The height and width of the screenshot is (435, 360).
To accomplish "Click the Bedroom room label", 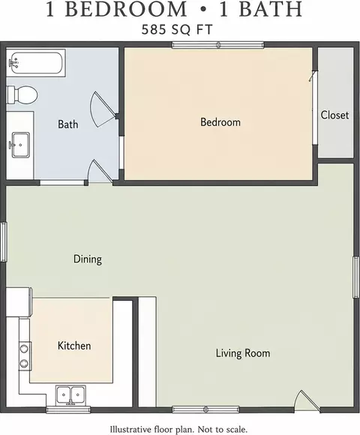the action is [220, 122].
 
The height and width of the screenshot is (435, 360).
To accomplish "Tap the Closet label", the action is [334, 115].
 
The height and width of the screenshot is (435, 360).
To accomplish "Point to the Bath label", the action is [68, 124].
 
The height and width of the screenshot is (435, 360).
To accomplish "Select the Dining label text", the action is [88, 259].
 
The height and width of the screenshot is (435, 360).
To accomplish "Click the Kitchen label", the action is [74, 346].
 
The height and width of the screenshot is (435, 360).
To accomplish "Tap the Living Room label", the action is [243, 353].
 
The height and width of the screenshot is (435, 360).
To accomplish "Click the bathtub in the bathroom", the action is [36, 63].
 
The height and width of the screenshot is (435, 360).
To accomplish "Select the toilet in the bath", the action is [22, 95].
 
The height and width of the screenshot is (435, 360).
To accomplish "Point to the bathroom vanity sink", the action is [20, 145].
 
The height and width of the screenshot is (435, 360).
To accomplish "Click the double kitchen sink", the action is [70, 395].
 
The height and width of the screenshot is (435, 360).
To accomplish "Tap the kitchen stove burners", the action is [25, 355].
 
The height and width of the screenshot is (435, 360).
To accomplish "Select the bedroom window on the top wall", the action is [218, 45].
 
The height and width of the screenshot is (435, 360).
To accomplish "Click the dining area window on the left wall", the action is [3, 241].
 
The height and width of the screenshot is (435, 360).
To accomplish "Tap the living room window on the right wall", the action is [356, 277].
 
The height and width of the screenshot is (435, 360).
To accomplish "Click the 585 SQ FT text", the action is [177, 29].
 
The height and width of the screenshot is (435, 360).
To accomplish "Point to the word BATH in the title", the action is [271, 9].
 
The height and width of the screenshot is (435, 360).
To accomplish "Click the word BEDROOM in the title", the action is [126, 9].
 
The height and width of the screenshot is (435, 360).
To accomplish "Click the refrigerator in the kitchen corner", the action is [19, 302].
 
